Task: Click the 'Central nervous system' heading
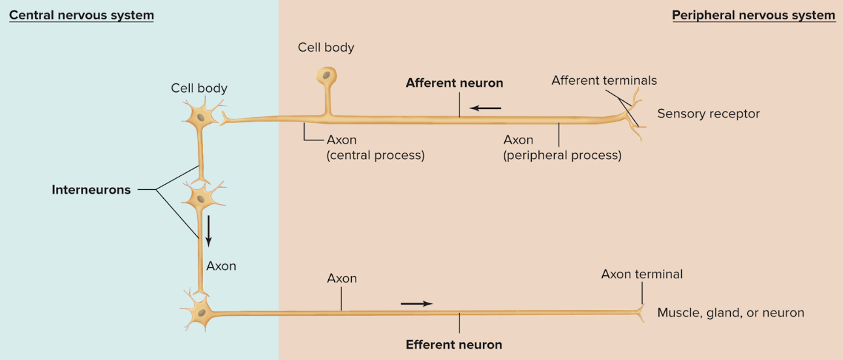coord(81,15)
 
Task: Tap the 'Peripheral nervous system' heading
coord(754,15)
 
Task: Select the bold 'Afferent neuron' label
coord(454,83)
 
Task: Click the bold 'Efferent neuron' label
coord(454,344)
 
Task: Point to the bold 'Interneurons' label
coord(91,190)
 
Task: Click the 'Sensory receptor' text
coord(708,113)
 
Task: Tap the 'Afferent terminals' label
coord(604,80)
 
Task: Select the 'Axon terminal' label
coord(641,274)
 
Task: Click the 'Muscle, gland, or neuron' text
coord(730,312)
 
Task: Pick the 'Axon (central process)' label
coord(375,148)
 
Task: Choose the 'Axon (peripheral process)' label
coord(562,148)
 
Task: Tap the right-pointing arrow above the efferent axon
coord(416,303)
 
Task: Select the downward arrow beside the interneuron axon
coord(209,231)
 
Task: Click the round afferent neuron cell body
coord(327,76)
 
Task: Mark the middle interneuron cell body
coord(200,194)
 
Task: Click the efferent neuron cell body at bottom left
coord(200,313)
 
